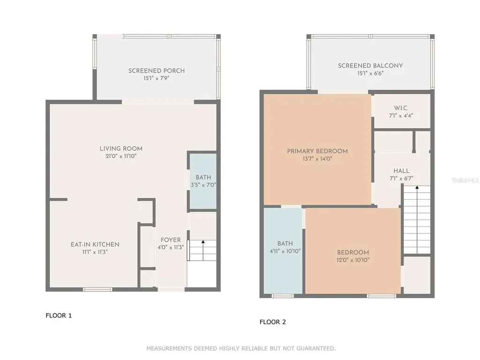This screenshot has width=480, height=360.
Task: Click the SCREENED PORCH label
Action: (x=157, y=71)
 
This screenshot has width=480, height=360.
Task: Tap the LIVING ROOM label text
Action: (x=121, y=149)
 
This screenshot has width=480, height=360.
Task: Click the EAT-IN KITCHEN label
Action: (x=95, y=245)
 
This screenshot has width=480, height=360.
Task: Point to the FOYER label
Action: (x=171, y=240)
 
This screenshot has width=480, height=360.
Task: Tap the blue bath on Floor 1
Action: (x=203, y=181)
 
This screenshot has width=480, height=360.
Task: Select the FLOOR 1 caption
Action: (x=59, y=315)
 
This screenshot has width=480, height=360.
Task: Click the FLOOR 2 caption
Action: (x=273, y=322)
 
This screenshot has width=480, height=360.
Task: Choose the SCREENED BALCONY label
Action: (x=370, y=66)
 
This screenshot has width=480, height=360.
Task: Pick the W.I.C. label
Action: (x=401, y=108)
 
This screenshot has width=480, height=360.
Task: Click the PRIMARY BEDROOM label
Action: (x=317, y=151)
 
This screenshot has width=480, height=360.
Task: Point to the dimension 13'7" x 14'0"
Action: (x=317, y=159)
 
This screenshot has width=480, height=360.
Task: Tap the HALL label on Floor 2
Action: (x=401, y=171)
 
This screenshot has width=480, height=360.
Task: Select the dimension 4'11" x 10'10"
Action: (x=285, y=251)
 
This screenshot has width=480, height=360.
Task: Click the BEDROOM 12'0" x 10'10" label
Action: (x=353, y=256)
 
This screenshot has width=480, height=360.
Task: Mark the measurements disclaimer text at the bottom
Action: (x=241, y=348)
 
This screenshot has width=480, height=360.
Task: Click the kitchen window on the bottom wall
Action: (x=97, y=289)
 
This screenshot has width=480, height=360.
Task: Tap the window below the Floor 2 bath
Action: (x=283, y=296)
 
